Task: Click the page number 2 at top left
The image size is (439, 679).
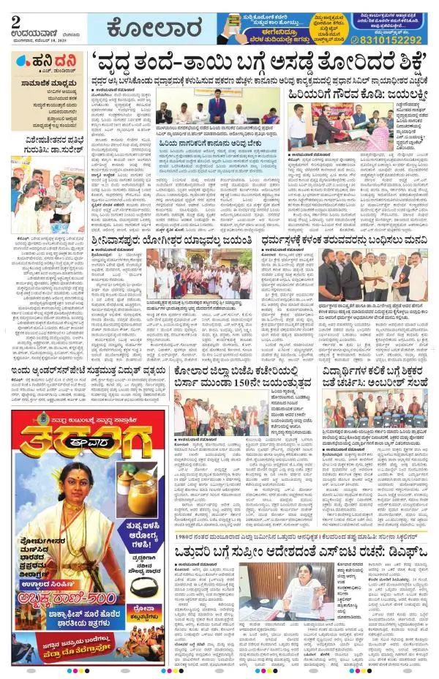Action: click(15, 21)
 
